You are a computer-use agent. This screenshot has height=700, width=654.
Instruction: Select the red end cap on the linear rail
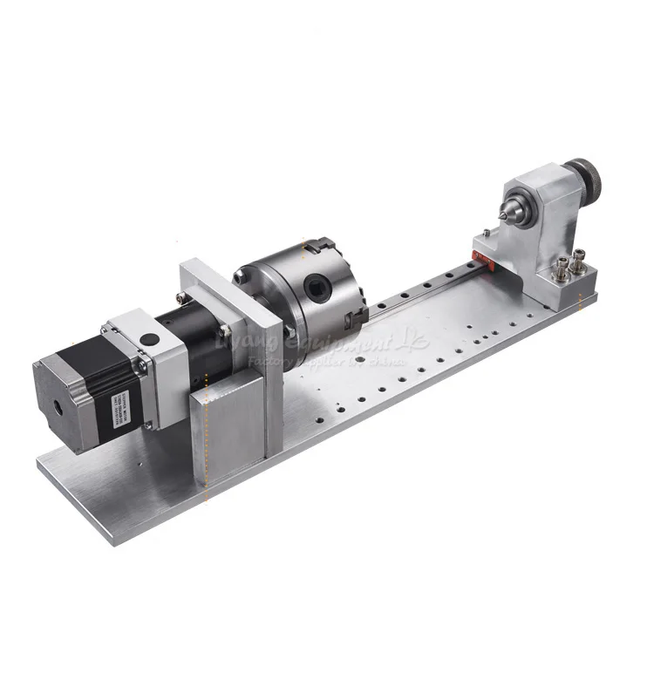click(x=478, y=255)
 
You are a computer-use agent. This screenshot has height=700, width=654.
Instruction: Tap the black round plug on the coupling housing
click(x=147, y=339)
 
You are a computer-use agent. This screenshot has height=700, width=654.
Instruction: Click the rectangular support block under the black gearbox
click(x=228, y=427)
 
